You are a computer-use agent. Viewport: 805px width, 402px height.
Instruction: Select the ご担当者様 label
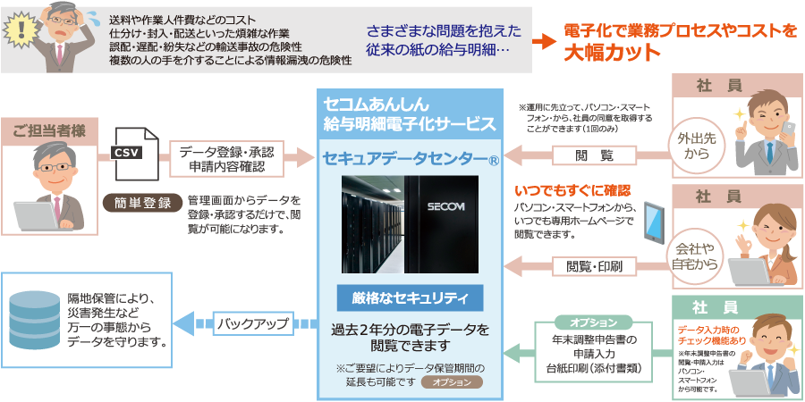pos(49,131)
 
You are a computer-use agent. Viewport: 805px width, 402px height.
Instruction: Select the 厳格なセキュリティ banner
pos(410,297)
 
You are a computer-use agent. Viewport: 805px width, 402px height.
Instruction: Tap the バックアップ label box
pos(253,323)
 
